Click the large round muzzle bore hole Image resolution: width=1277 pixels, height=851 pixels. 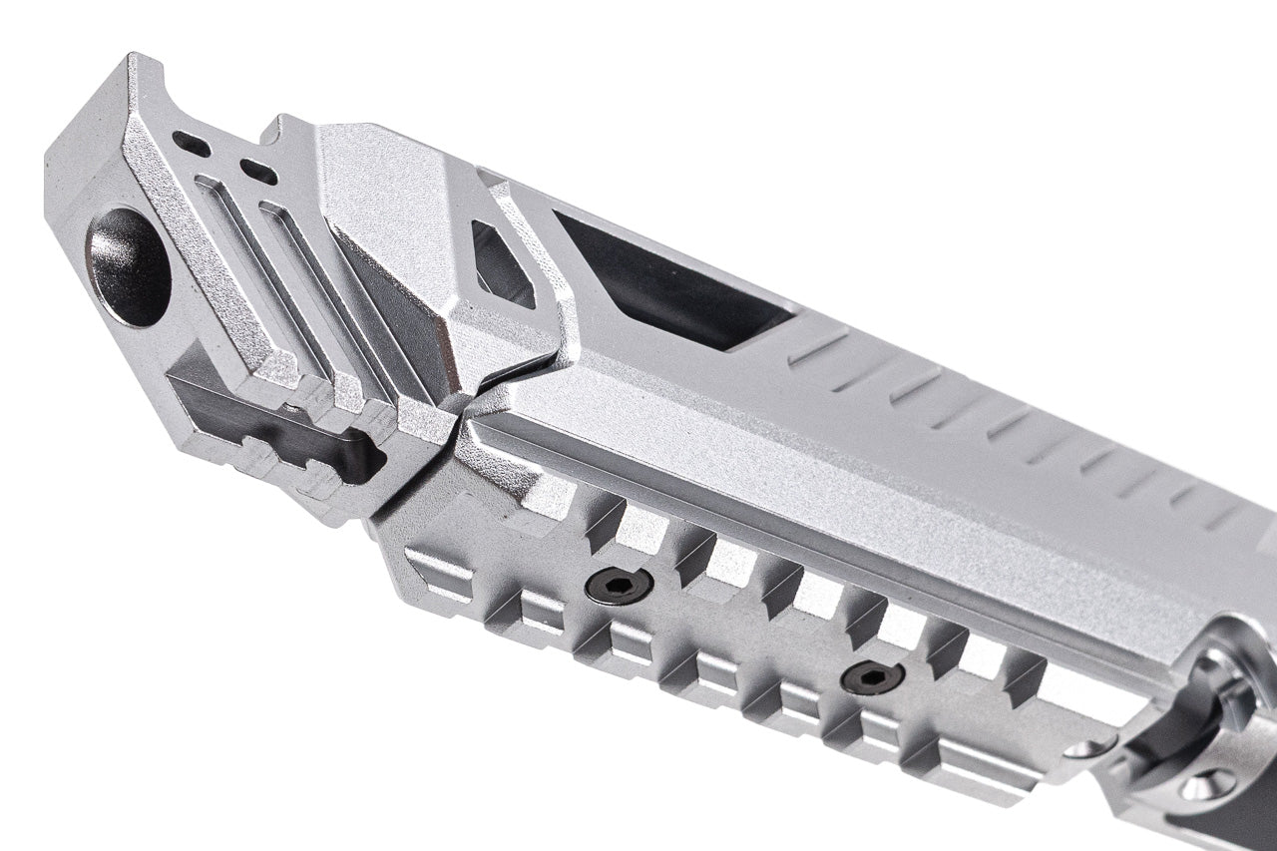128,266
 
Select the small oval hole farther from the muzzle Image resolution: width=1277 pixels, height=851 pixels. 258,172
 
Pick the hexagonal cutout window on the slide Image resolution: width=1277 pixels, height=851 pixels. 503,264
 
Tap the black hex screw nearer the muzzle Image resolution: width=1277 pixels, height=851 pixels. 619,586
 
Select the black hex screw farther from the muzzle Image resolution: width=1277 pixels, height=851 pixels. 872,677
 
